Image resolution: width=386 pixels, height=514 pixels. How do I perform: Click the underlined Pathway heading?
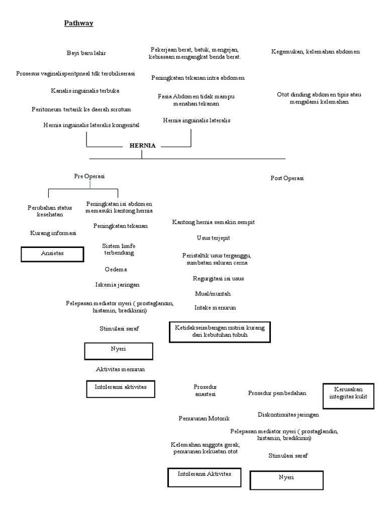78,23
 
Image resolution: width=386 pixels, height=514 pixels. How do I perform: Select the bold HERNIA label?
142,146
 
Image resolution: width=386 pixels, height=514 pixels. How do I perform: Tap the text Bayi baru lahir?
86,53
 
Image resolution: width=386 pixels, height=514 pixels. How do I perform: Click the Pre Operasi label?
89,176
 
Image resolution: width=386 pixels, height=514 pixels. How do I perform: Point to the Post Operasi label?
287,178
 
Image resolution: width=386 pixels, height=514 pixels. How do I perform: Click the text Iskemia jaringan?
118,285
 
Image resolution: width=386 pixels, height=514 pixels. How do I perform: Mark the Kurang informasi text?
53,233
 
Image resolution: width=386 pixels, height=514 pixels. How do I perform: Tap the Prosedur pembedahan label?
277,393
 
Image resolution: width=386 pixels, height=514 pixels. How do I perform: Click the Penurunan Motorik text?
204,418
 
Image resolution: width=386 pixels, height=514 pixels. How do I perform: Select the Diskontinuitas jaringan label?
288,415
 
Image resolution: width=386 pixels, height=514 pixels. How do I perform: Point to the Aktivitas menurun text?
121,369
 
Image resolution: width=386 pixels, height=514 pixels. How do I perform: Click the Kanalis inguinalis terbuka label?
85,91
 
